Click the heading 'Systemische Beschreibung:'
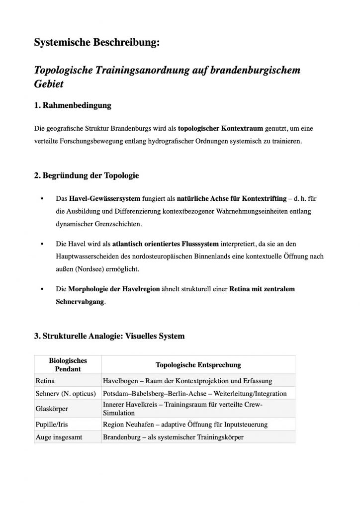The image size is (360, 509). pos(97,44)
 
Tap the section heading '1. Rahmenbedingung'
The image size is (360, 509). pos(73,105)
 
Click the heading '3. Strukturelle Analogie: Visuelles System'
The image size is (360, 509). pos(109,336)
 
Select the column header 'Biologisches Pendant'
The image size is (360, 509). pos(68,365)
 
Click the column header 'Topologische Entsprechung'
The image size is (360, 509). pos(198,365)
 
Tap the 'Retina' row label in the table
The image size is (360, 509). pos(45,381)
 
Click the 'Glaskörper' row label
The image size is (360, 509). pos(52,409)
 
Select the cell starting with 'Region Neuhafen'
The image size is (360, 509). pos(185,425)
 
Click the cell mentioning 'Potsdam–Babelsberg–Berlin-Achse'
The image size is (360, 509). pos(194,393)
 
